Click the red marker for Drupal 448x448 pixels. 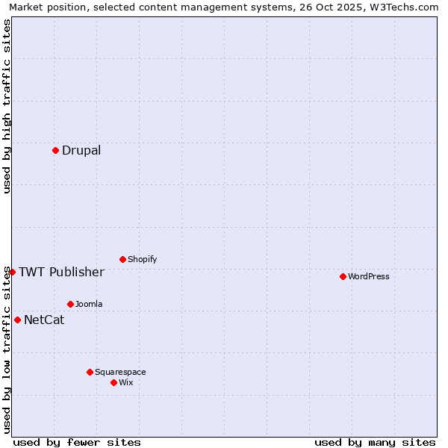pos(56,150)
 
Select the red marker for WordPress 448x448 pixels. pos(343,276)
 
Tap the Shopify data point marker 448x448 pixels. pos(122,259)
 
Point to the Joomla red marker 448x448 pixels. pos(70,304)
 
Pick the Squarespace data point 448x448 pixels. pos(90,372)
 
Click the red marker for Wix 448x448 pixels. pos(113,382)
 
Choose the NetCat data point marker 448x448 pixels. pos(17,320)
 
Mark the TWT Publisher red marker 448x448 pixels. pos(12,272)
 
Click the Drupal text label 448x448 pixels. pos(81,151)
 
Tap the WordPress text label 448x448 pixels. pos(369,277)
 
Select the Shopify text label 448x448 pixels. pos(142,260)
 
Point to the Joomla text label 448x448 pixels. pos(89,305)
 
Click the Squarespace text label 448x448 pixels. pos(120,373)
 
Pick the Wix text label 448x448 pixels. pos(126,383)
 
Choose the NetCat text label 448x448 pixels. pos(44,320)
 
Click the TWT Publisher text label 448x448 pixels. pos(61,273)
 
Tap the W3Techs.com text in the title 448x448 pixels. pos(404,7)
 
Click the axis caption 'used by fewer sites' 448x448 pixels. pos(77,442)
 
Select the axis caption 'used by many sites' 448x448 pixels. pos(375,442)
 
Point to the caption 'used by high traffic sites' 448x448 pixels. pos(7,106)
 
